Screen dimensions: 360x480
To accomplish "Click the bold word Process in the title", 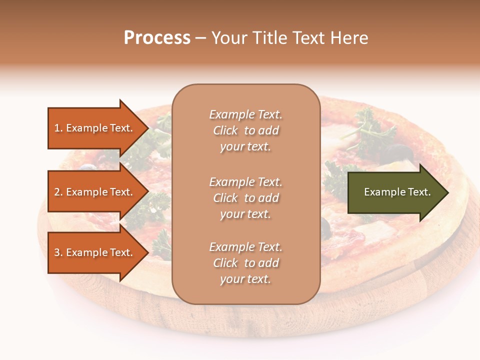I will (157, 38).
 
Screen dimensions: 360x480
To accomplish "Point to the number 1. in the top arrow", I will (58, 128).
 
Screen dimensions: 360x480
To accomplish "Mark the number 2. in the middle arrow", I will (58, 192).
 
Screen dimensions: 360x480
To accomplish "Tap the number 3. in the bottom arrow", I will (58, 252).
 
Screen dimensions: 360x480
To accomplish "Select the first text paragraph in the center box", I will (245, 130).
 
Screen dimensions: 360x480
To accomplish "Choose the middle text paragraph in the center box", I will (245, 198).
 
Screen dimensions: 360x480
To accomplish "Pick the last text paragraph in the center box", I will (245, 263).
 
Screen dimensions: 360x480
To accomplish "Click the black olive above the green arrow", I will (398, 150).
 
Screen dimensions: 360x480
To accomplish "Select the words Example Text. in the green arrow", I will (397, 192).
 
